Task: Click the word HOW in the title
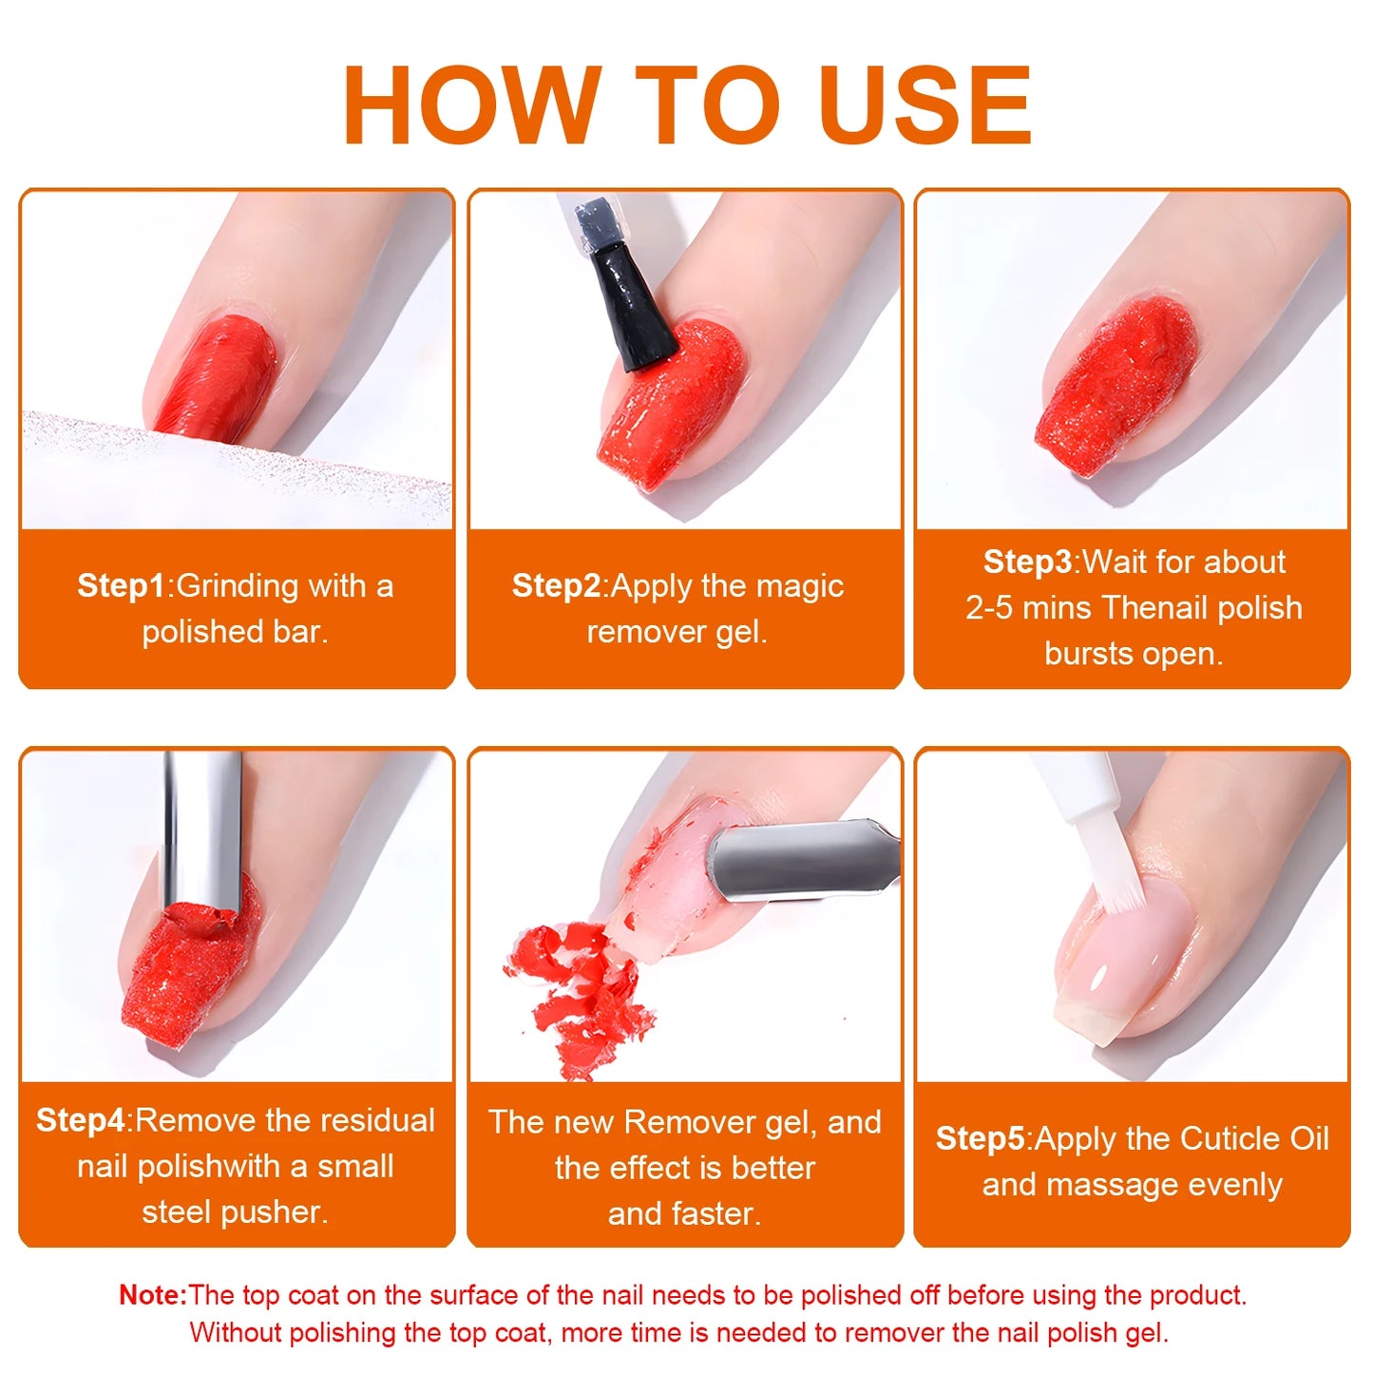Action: click(471, 105)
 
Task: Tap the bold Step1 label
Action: click(121, 585)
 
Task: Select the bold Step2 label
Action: click(556, 585)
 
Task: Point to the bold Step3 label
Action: click(1027, 562)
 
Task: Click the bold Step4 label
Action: click(80, 1120)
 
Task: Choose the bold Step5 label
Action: click(980, 1138)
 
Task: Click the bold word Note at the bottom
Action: click(152, 1295)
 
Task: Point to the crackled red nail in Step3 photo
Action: click(1116, 380)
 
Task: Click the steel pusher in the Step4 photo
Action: click(201, 827)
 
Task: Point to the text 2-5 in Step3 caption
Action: click(989, 608)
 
